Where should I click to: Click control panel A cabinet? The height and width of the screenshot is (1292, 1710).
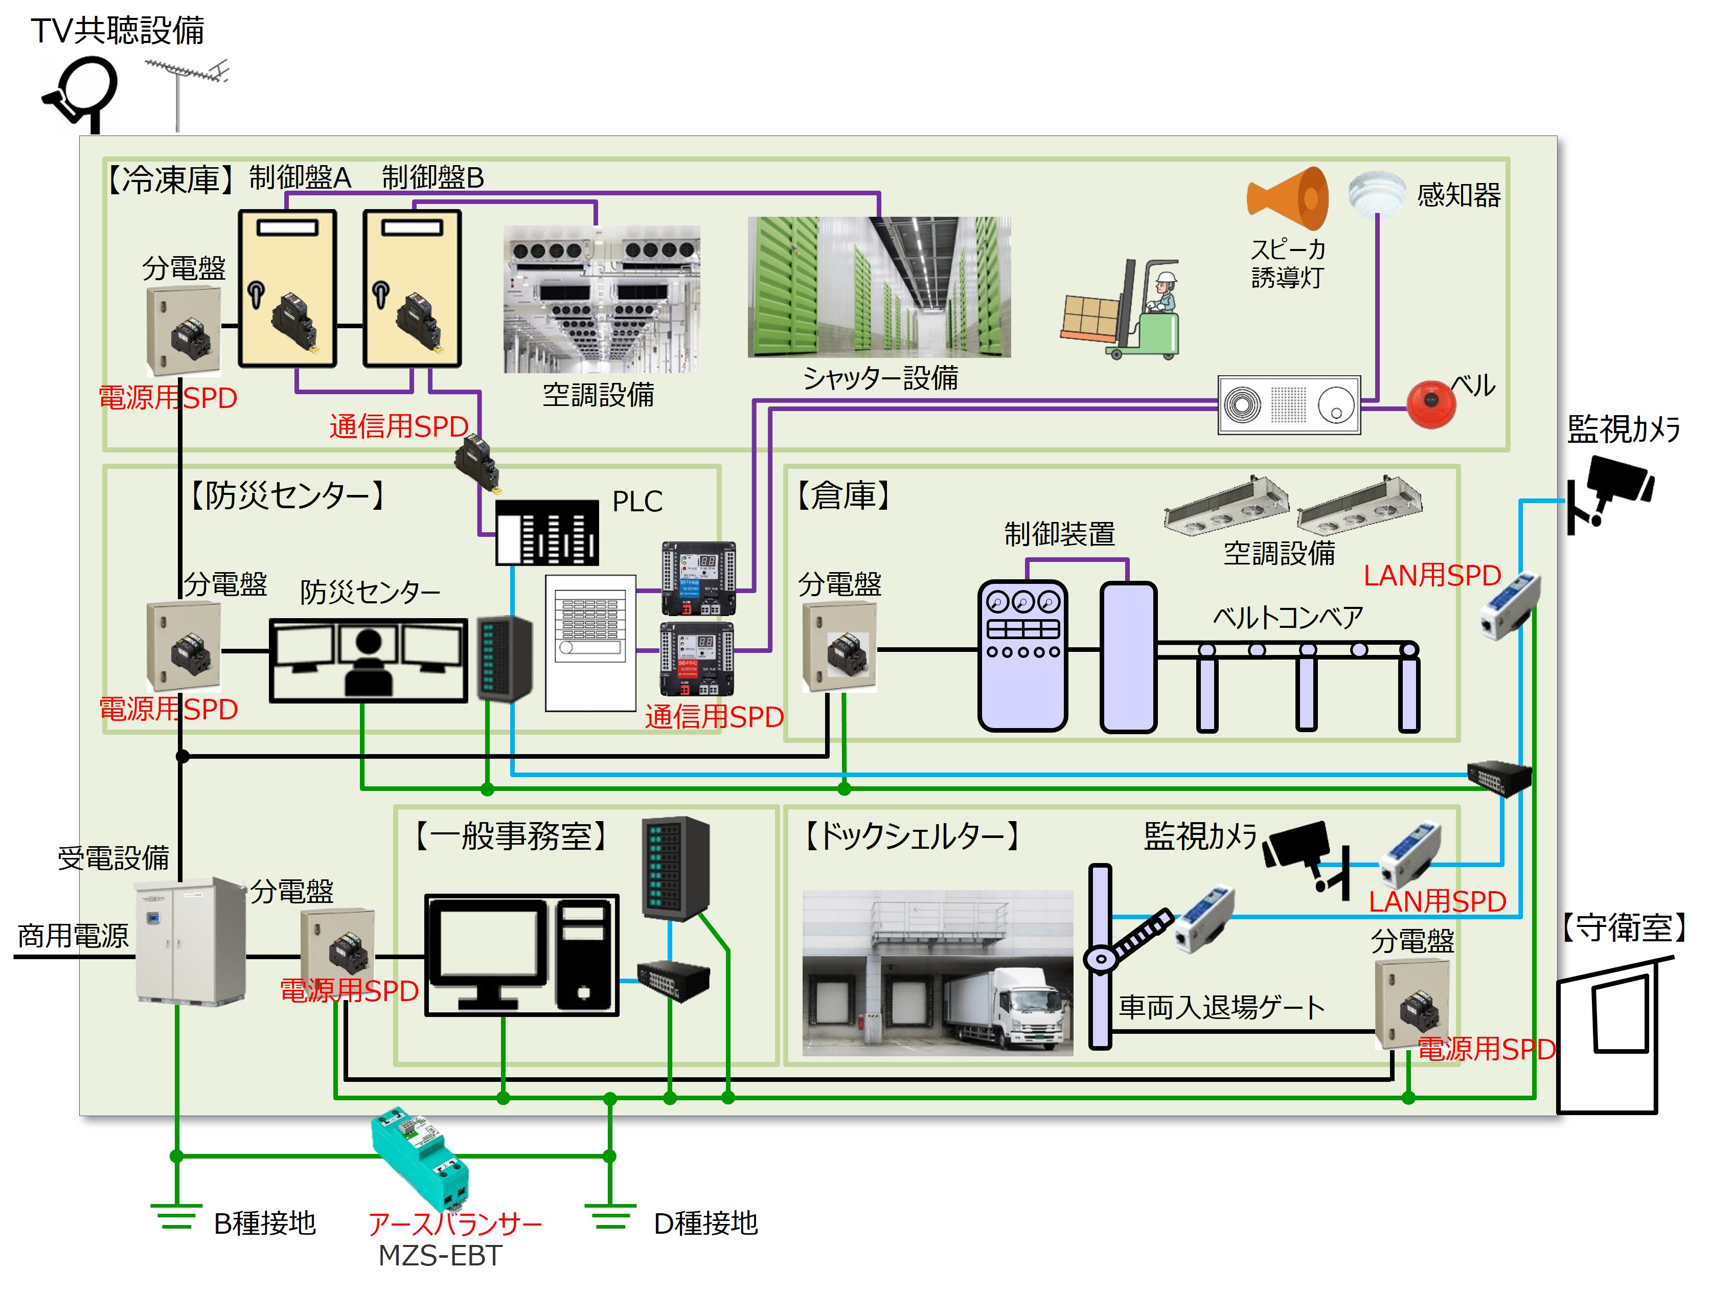click(x=288, y=288)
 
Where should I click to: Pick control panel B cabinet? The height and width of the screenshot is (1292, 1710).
click(x=413, y=288)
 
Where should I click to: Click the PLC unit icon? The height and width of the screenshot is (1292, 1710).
click(x=546, y=533)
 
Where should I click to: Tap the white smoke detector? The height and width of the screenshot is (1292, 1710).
click(x=1377, y=193)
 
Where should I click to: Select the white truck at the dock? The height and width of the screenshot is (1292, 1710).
click(x=1005, y=1009)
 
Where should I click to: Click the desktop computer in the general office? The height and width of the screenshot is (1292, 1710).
click(x=522, y=956)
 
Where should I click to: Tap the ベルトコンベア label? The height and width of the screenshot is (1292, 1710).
click(x=1287, y=618)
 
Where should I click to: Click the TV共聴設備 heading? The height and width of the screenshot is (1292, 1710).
click(x=118, y=31)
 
